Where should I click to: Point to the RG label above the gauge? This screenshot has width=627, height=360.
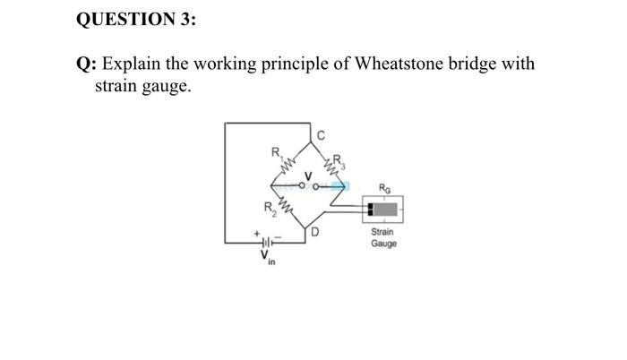click(x=383, y=189)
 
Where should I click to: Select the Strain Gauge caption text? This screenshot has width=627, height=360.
click(x=383, y=238)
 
